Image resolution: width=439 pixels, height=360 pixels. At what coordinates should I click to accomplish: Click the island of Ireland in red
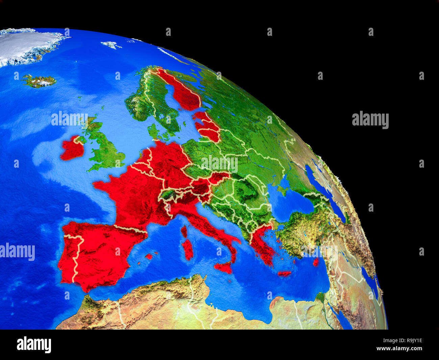tap(72, 149)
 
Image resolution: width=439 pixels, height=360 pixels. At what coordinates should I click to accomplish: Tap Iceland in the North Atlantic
tap(39, 81)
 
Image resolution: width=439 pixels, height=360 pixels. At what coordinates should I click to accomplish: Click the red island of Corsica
tap(184, 231)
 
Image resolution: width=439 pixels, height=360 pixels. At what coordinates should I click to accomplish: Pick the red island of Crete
tap(284, 273)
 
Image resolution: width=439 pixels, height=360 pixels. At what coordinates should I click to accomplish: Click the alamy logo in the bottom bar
tap(34, 344)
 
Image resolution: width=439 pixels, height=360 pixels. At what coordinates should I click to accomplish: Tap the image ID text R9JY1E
tap(410, 340)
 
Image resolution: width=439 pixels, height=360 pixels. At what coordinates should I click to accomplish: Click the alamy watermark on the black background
tap(370, 120)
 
